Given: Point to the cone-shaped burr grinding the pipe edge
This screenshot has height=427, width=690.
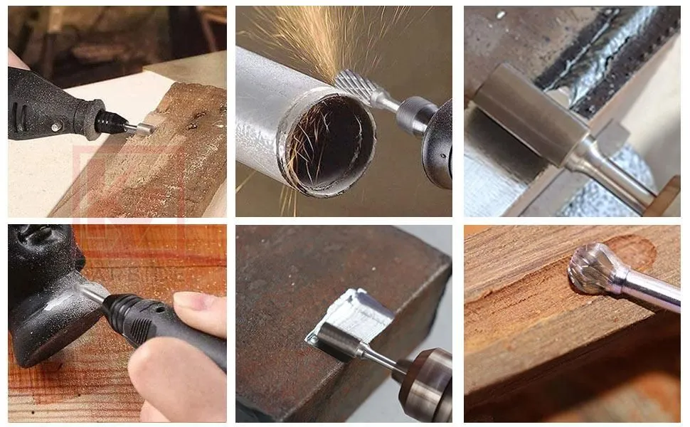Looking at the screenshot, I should [359, 87].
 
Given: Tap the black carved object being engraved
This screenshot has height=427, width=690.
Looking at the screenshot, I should [43, 299].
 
